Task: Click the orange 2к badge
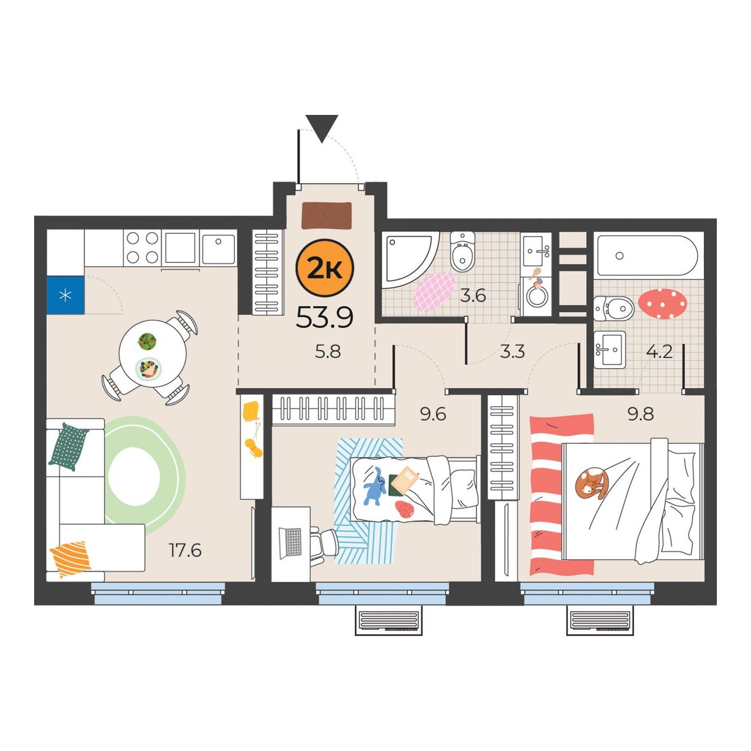point(325,268)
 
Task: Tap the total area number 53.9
point(325,317)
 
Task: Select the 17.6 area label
point(185,550)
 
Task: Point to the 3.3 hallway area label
point(512,352)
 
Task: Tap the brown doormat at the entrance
point(327,216)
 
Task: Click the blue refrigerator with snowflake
point(65,295)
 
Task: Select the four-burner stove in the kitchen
point(142,247)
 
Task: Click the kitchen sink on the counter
point(218,248)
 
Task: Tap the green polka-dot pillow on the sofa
point(69,447)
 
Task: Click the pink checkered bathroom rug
point(434,291)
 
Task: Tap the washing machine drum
point(538,296)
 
